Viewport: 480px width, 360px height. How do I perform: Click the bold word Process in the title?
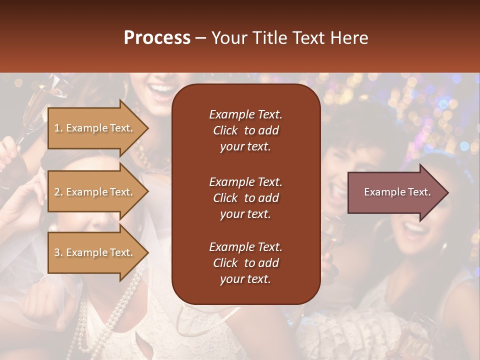[157, 38]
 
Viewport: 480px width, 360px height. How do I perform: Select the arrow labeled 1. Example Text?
[95, 128]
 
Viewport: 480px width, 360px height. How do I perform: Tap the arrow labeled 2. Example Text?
[95, 192]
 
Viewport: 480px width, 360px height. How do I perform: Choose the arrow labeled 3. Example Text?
[95, 252]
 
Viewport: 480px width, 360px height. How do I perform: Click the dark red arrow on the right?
[395, 192]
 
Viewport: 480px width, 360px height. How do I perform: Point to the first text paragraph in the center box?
[245, 130]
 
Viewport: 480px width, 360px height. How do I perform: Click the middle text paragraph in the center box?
[245, 198]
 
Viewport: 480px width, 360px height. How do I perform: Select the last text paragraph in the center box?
[245, 263]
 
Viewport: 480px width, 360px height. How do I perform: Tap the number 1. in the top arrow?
[58, 128]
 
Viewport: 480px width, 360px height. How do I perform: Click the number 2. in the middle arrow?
[58, 192]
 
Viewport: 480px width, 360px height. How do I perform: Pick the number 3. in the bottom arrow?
[58, 252]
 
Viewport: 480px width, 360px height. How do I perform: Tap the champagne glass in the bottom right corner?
[415, 335]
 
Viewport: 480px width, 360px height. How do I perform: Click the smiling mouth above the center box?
[161, 91]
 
